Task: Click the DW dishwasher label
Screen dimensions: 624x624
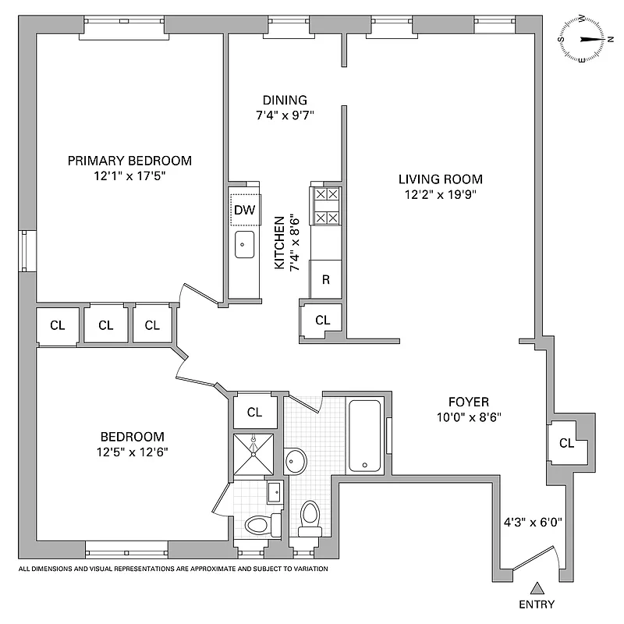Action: click(x=244, y=209)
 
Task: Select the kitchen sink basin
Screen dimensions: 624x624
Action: click(x=245, y=244)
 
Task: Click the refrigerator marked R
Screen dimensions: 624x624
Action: click(x=326, y=279)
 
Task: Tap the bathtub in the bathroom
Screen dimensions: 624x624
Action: click(x=365, y=435)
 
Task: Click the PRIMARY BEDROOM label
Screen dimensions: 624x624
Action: click(x=129, y=161)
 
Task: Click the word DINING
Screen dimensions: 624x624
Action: click(x=285, y=100)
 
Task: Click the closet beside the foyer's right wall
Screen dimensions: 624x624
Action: click(x=566, y=443)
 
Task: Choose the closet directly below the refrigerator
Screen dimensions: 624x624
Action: click(x=322, y=320)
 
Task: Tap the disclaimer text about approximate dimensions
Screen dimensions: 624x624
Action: click(x=173, y=569)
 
